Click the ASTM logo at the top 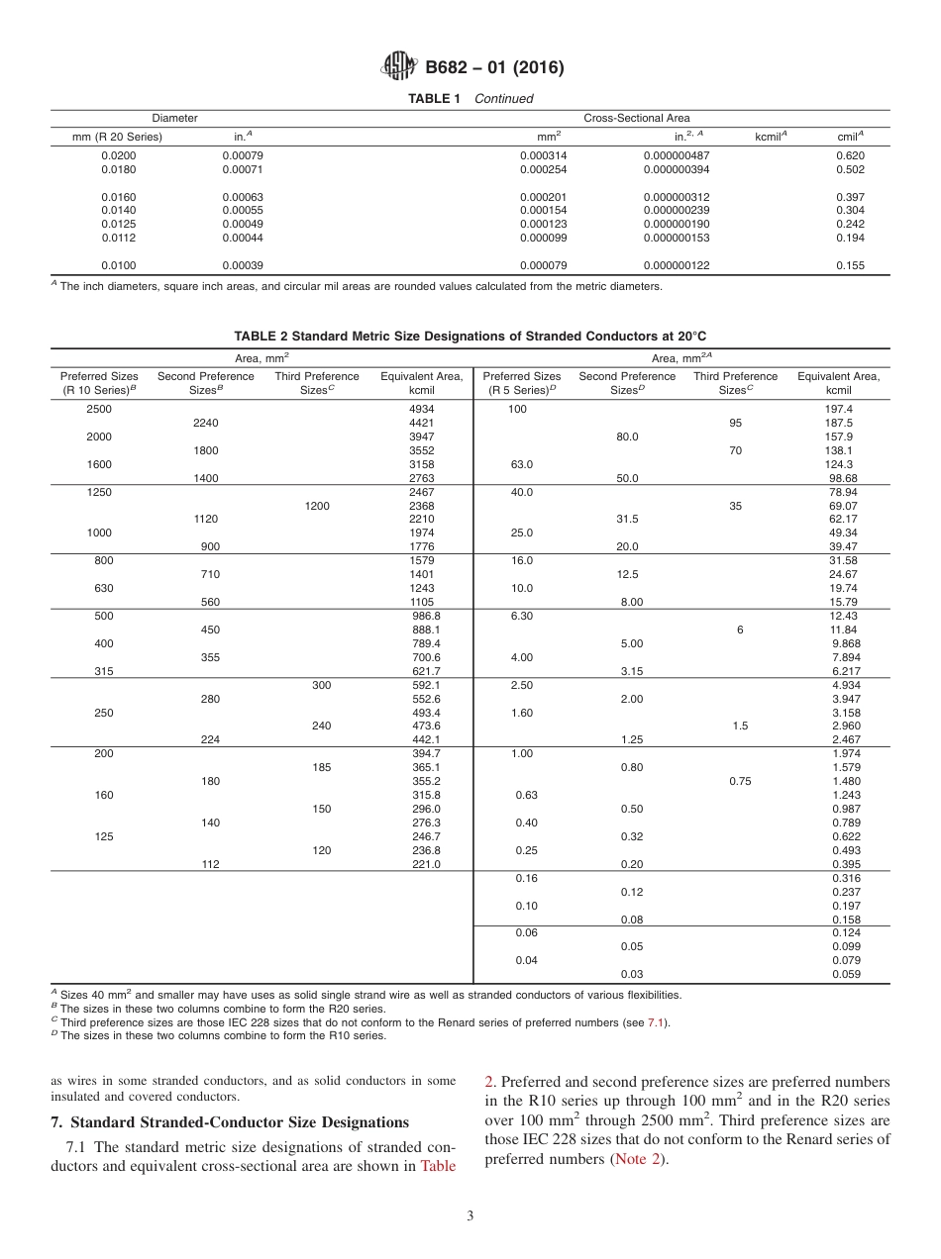pyautogui.click(x=399, y=67)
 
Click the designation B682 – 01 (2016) pyautogui.click(x=494, y=68)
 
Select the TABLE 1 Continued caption pyautogui.click(x=470, y=99)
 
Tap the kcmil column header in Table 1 pyautogui.click(x=771, y=137)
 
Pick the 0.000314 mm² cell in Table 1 pyautogui.click(x=543, y=155)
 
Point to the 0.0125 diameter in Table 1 pyautogui.click(x=119, y=224)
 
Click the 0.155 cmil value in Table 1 pyautogui.click(x=849, y=265)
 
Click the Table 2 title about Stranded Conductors pyautogui.click(x=470, y=336)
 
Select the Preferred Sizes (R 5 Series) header pyautogui.click(x=521, y=383)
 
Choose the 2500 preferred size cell pyautogui.click(x=99, y=409)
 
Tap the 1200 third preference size pyautogui.click(x=317, y=506)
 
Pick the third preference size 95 pyautogui.click(x=735, y=423)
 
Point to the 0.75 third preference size pyautogui.click(x=739, y=781)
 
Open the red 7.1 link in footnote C pyautogui.click(x=655, y=1022)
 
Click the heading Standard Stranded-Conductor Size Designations pyautogui.click(x=229, y=1122)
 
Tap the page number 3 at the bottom pyautogui.click(x=470, y=1216)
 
